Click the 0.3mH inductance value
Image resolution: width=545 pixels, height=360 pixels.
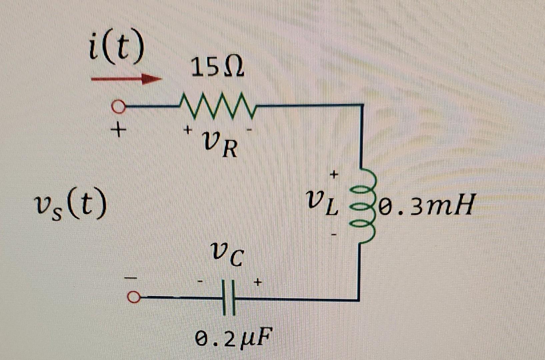427,207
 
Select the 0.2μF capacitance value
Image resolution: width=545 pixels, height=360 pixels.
233,339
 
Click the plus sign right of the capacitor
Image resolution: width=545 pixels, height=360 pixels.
257,283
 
